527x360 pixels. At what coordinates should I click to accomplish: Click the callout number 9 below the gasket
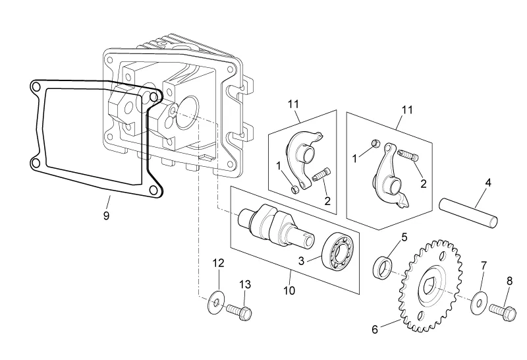pos(107,215)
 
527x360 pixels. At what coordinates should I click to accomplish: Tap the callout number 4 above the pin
pos(487,181)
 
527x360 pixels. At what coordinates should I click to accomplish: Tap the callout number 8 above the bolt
pos(509,280)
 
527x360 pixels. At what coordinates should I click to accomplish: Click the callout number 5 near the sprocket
pos(404,235)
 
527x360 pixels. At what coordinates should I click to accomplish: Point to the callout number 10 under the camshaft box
pos(289,289)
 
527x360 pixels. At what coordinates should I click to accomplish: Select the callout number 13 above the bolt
pos(245,285)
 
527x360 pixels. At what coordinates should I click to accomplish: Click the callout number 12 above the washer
pos(219,263)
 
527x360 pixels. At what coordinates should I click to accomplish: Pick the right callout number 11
pos(407,109)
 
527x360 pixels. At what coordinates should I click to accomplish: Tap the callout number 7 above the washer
pos(483,265)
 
